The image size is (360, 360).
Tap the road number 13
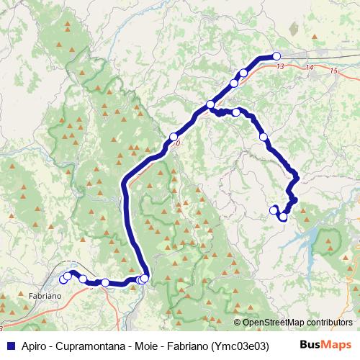pos(280,67)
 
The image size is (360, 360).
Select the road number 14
pos(310,68)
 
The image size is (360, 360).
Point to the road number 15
pos(333,71)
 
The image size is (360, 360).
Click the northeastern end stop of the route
pos(276,56)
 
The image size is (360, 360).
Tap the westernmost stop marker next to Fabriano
pos(63,278)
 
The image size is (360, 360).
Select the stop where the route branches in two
pos(210,104)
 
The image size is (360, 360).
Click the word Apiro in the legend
pos(35,344)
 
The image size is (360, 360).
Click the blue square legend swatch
pos(11,344)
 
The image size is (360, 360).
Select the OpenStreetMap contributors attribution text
pos(297,323)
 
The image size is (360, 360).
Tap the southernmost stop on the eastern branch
pos(284,217)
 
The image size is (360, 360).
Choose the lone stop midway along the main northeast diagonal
pos(174,137)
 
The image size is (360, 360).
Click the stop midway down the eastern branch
pos(264,137)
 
